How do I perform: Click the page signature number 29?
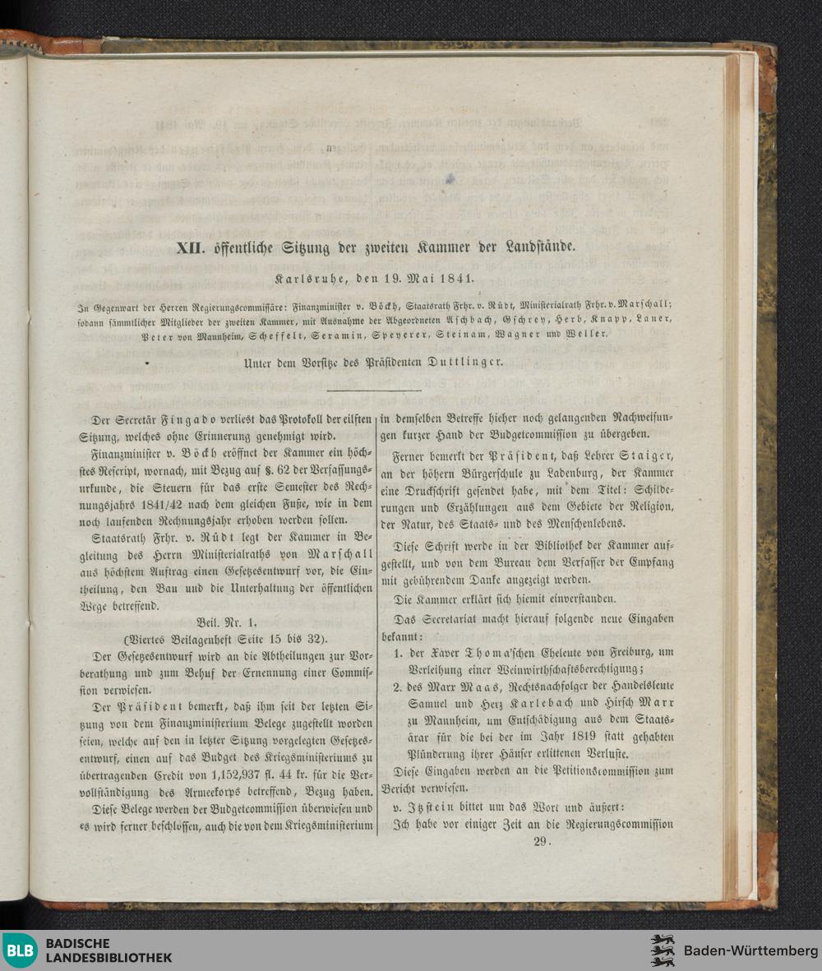pos(540,840)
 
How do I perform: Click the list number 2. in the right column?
pos(397,687)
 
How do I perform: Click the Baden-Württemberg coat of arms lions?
pos(663,950)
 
